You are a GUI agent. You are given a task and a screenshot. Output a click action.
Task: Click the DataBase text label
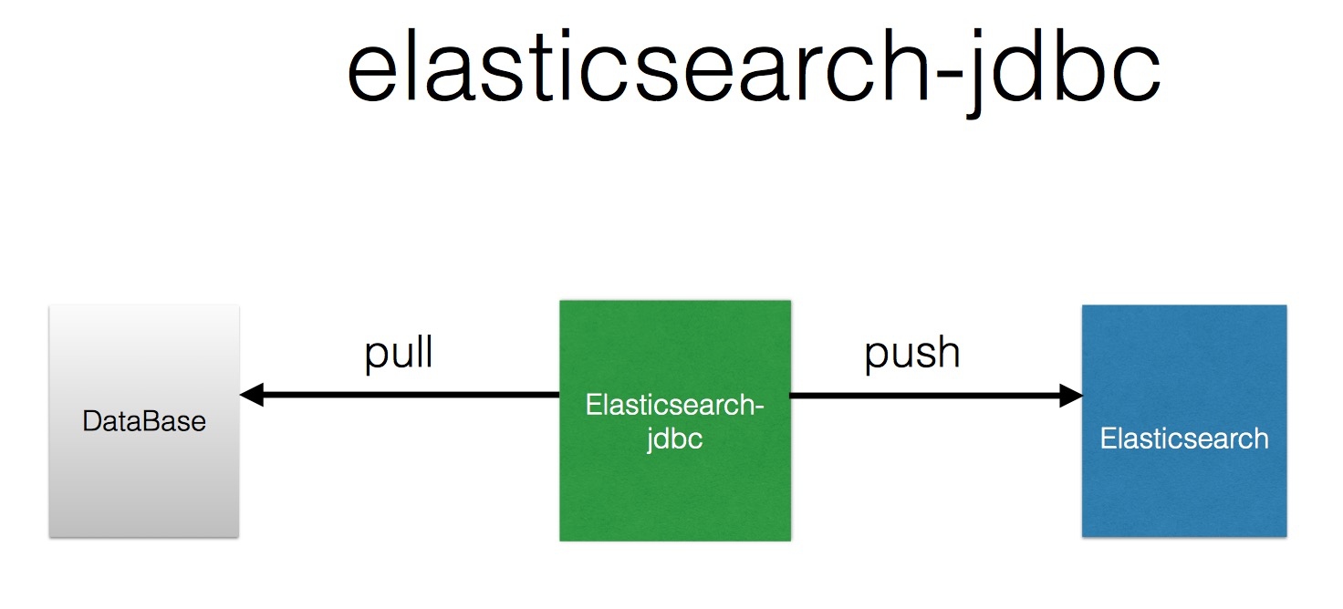point(144,421)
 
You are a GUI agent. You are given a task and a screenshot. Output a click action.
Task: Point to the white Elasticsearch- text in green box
point(674,405)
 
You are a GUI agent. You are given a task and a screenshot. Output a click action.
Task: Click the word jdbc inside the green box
point(674,439)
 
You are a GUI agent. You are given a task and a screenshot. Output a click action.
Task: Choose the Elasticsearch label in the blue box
point(1184,439)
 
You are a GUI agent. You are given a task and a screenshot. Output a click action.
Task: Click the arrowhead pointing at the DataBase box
point(252,395)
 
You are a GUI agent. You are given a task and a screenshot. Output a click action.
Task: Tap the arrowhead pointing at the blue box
point(1071,396)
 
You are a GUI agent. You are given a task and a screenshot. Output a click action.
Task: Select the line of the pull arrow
point(400,395)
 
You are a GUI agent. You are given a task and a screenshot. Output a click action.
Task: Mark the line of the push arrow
point(936,396)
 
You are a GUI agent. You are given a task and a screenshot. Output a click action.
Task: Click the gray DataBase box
point(144,421)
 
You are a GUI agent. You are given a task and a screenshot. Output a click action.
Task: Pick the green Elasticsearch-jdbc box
point(675,420)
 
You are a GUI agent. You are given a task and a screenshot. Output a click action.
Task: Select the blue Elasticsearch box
point(1184,421)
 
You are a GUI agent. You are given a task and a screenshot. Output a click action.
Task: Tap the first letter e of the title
point(371,75)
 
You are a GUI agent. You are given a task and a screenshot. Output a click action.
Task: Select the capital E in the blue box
point(1108,439)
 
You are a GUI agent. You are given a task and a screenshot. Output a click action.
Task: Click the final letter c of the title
point(1138,75)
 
